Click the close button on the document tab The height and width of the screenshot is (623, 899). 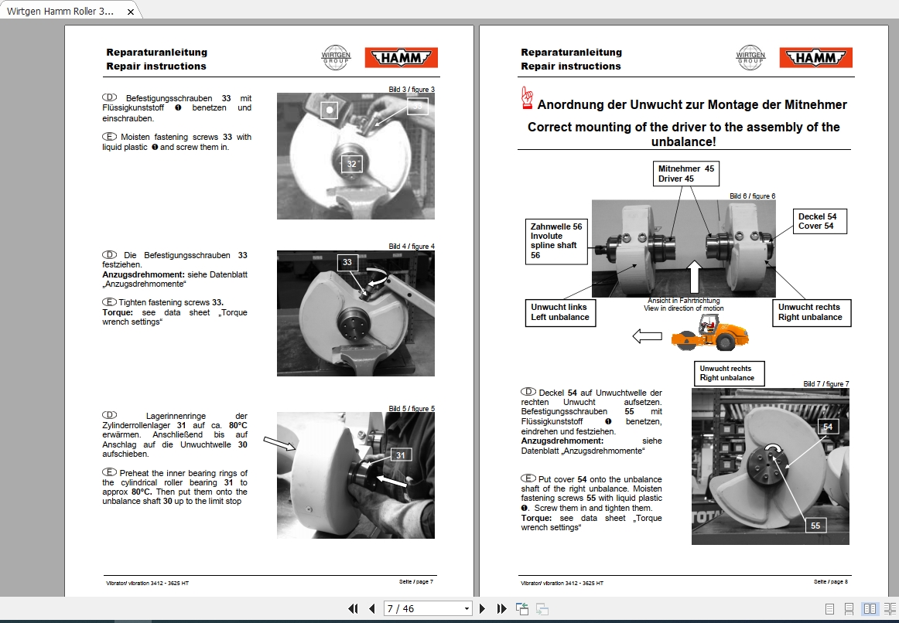[x=131, y=12]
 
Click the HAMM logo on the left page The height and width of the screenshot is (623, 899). [x=401, y=58]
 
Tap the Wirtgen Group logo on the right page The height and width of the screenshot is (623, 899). [x=750, y=58]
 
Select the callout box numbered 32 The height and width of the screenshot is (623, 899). [x=352, y=163]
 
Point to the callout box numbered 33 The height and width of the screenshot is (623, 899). [x=347, y=263]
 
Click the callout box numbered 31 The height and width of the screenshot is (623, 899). [x=400, y=455]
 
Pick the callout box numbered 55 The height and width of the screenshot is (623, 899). [x=815, y=525]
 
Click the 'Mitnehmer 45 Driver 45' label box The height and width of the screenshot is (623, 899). [x=685, y=174]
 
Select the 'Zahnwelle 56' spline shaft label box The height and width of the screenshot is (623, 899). [x=556, y=240]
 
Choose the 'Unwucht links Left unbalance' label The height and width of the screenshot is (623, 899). [x=560, y=312]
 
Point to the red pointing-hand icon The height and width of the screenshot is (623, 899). [x=528, y=97]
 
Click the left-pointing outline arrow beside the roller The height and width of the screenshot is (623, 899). [x=647, y=336]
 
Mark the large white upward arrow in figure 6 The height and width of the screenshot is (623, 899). [x=695, y=277]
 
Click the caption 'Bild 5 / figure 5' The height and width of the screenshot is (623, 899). [x=411, y=409]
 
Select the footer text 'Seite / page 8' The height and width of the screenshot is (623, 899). [x=831, y=581]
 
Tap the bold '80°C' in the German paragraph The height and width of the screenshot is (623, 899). [x=238, y=425]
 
